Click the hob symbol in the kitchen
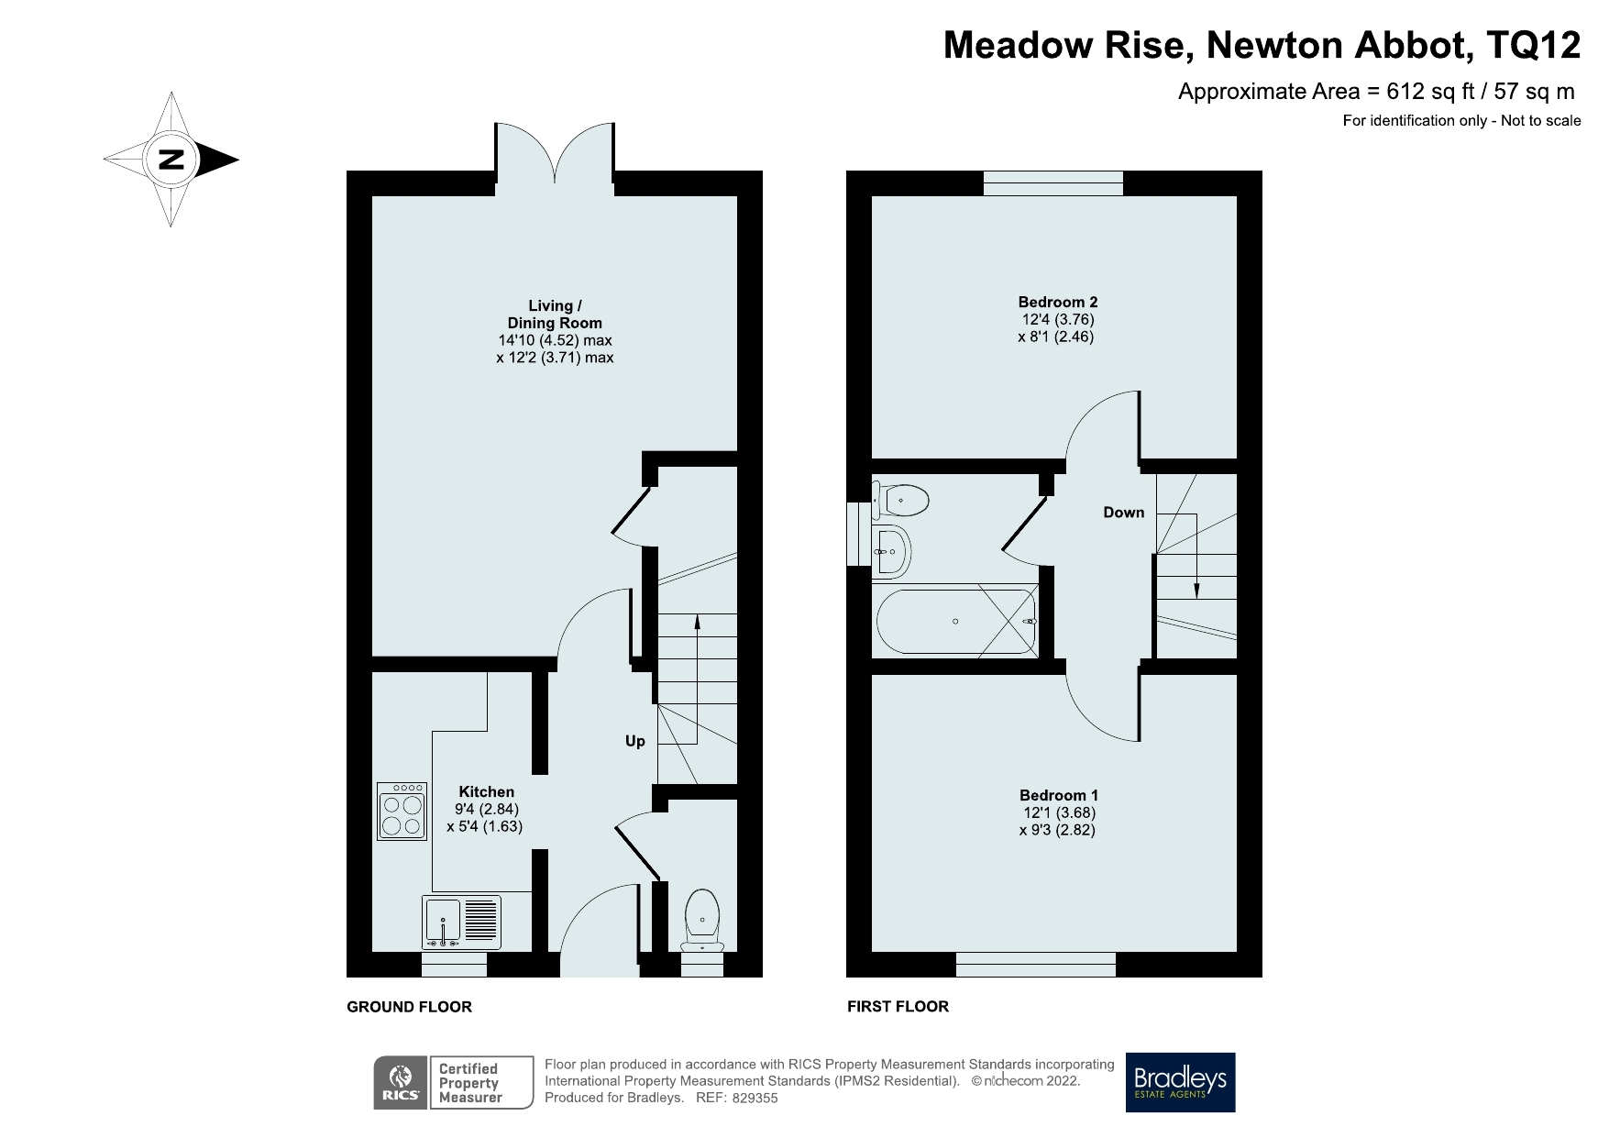point(402,812)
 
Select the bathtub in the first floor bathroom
point(956,622)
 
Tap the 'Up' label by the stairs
point(635,741)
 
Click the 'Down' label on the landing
point(1123,513)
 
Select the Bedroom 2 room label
point(1057,302)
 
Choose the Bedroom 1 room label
point(1058,795)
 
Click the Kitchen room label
point(486,791)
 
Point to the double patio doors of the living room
point(555,151)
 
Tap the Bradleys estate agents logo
point(1180,1082)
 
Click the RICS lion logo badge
point(401,1083)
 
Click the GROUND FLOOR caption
point(409,1007)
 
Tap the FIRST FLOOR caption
point(898,1007)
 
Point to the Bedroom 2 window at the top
point(1053,182)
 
